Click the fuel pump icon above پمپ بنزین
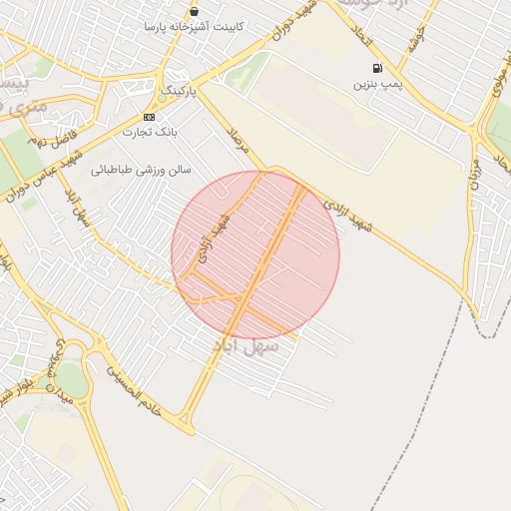click(x=375, y=69)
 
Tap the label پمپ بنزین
click(x=376, y=85)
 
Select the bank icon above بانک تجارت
click(x=149, y=117)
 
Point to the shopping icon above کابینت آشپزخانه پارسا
click(x=193, y=11)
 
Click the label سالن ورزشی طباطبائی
click(x=141, y=170)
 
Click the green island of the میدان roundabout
click(x=71, y=379)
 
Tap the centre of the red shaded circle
click(x=255, y=255)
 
